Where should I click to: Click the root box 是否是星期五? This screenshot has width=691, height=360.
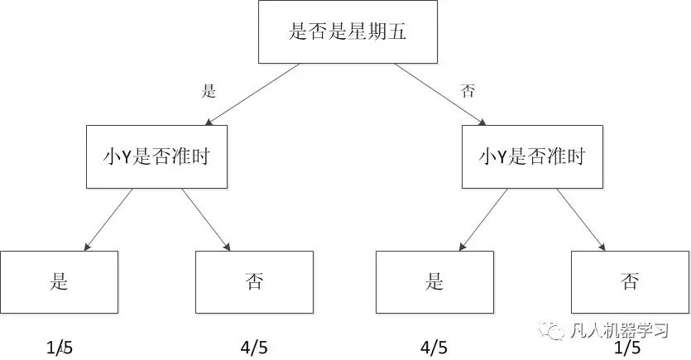[348, 32]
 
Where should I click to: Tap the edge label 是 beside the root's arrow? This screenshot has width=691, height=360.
[209, 91]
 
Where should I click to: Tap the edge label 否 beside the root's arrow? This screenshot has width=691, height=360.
[468, 91]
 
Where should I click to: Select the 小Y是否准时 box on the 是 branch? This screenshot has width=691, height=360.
[156, 156]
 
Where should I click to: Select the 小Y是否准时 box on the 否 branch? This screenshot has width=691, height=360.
[532, 156]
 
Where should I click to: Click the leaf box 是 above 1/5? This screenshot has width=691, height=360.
[59, 281]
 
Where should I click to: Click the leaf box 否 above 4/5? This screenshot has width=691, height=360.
[254, 281]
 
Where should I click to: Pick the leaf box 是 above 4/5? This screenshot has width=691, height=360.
[434, 281]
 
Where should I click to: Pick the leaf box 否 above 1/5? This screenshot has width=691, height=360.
[630, 281]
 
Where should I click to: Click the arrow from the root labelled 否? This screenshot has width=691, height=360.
[439, 94]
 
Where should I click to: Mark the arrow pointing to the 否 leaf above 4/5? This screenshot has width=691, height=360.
[205, 218]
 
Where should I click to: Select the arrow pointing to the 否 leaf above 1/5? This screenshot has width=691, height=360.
[581, 218]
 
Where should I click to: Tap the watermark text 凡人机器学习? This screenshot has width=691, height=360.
[620, 330]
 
